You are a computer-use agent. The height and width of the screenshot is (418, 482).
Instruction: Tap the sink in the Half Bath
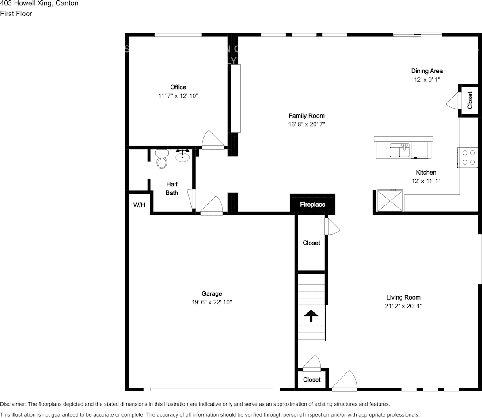pos(183,156)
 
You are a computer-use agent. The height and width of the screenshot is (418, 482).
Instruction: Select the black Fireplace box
pos(312,204)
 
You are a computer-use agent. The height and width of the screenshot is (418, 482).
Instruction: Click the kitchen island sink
pos(400,151)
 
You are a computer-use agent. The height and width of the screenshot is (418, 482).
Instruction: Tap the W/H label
pos(139,205)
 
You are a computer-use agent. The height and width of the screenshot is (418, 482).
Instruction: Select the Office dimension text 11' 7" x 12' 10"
pos(178,96)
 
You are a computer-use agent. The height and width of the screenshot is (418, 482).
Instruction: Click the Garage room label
pos(212,293)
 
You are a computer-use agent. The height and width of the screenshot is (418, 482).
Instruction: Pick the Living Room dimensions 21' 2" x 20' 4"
pos(403,306)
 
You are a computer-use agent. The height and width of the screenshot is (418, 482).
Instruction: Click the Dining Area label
pos(427,71)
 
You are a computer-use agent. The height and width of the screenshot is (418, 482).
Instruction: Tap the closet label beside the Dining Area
pos(470,100)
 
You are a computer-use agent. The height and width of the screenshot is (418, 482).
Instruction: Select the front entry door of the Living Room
pos(345,381)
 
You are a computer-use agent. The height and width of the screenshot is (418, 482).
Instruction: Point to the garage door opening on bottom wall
pos(211,389)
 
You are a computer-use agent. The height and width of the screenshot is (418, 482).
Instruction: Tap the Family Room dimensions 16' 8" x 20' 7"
pos(307,125)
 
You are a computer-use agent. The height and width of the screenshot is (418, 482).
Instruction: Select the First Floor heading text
pos(16,14)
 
